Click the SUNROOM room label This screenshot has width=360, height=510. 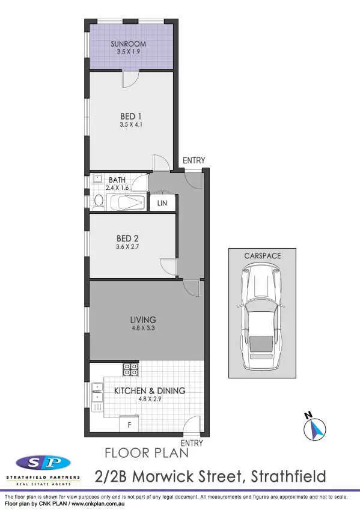(128, 44)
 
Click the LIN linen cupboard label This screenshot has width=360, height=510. (162, 204)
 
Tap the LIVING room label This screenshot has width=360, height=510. (143, 320)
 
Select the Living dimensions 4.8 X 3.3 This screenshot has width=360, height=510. (143, 329)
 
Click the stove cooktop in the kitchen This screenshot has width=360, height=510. (130, 368)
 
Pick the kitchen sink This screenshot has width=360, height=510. (96, 392)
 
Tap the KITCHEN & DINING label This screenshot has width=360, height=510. (150, 391)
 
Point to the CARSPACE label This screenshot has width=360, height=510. (262, 256)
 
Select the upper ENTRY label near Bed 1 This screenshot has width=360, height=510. (194, 160)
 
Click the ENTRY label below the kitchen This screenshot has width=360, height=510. (192, 443)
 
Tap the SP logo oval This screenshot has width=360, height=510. (43, 463)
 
